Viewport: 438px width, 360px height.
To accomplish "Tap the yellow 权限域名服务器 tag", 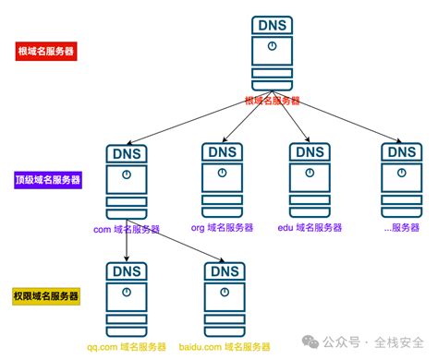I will tap(46, 295).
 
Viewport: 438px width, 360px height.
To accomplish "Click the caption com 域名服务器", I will tap(127, 228).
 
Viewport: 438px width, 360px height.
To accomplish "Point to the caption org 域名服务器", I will tap(221, 227).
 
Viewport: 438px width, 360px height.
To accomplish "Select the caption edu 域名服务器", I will tap(310, 227).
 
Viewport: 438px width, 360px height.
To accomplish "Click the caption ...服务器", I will tap(402, 227).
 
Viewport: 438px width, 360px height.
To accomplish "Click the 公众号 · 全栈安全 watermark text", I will tap(374, 341).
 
